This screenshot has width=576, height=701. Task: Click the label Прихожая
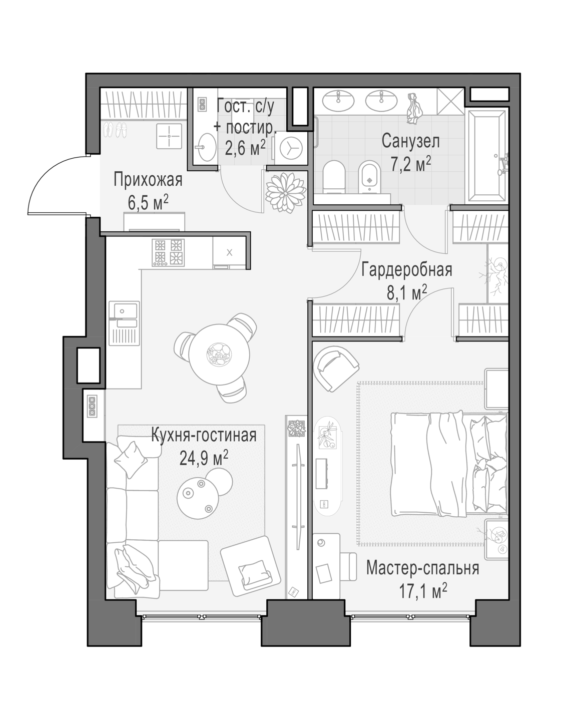click(148, 180)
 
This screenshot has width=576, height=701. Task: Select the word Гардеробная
click(406, 269)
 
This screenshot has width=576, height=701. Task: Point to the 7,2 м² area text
click(411, 164)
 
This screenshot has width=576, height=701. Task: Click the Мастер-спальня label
click(422, 577)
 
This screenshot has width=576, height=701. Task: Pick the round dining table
click(219, 355)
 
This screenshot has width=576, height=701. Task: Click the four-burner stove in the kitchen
click(168, 252)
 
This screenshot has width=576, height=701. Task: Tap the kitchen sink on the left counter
click(124, 323)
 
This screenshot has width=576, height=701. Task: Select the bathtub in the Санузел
click(487, 156)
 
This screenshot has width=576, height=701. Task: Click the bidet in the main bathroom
click(370, 177)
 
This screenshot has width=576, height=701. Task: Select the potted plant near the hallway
click(285, 193)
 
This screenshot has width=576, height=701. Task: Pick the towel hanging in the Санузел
click(414, 108)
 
